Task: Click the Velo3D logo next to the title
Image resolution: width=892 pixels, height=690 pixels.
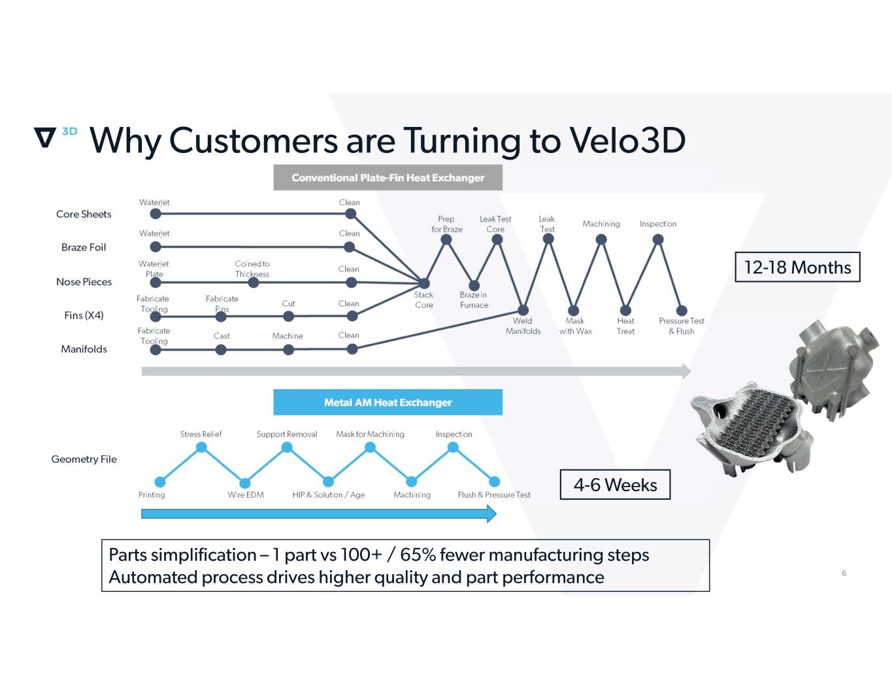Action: pos(54,136)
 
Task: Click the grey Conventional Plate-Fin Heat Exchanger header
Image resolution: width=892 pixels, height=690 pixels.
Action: pos(388,178)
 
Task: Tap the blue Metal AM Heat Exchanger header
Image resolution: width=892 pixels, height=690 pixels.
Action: pos(388,402)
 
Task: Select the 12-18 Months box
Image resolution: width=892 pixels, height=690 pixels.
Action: pos(797,267)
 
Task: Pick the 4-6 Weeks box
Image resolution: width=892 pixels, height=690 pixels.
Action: pos(615,485)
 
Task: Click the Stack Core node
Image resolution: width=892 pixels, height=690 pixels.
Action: pos(424,283)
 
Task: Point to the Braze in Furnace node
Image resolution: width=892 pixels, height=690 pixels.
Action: pos(474,285)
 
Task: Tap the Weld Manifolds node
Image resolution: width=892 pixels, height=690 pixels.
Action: pos(523,310)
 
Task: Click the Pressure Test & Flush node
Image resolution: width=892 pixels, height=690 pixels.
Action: pos(682,311)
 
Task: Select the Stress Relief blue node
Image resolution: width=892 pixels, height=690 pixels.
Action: pos(201,447)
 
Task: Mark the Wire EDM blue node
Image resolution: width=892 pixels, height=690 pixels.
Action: pos(245,483)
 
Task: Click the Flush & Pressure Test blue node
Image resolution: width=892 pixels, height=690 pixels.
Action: pos(494,482)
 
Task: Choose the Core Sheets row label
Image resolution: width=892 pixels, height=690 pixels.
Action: pos(84,214)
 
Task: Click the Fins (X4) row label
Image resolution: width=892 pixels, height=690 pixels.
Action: pos(84,315)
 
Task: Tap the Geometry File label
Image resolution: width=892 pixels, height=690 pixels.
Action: pos(84,459)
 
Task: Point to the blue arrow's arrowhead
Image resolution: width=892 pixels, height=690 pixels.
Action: pos(491,513)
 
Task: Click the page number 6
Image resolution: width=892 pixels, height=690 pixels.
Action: pos(844,573)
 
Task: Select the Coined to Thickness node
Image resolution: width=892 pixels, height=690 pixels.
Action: pos(253,283)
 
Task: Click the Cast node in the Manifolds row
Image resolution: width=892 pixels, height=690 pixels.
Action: pos(221,350)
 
